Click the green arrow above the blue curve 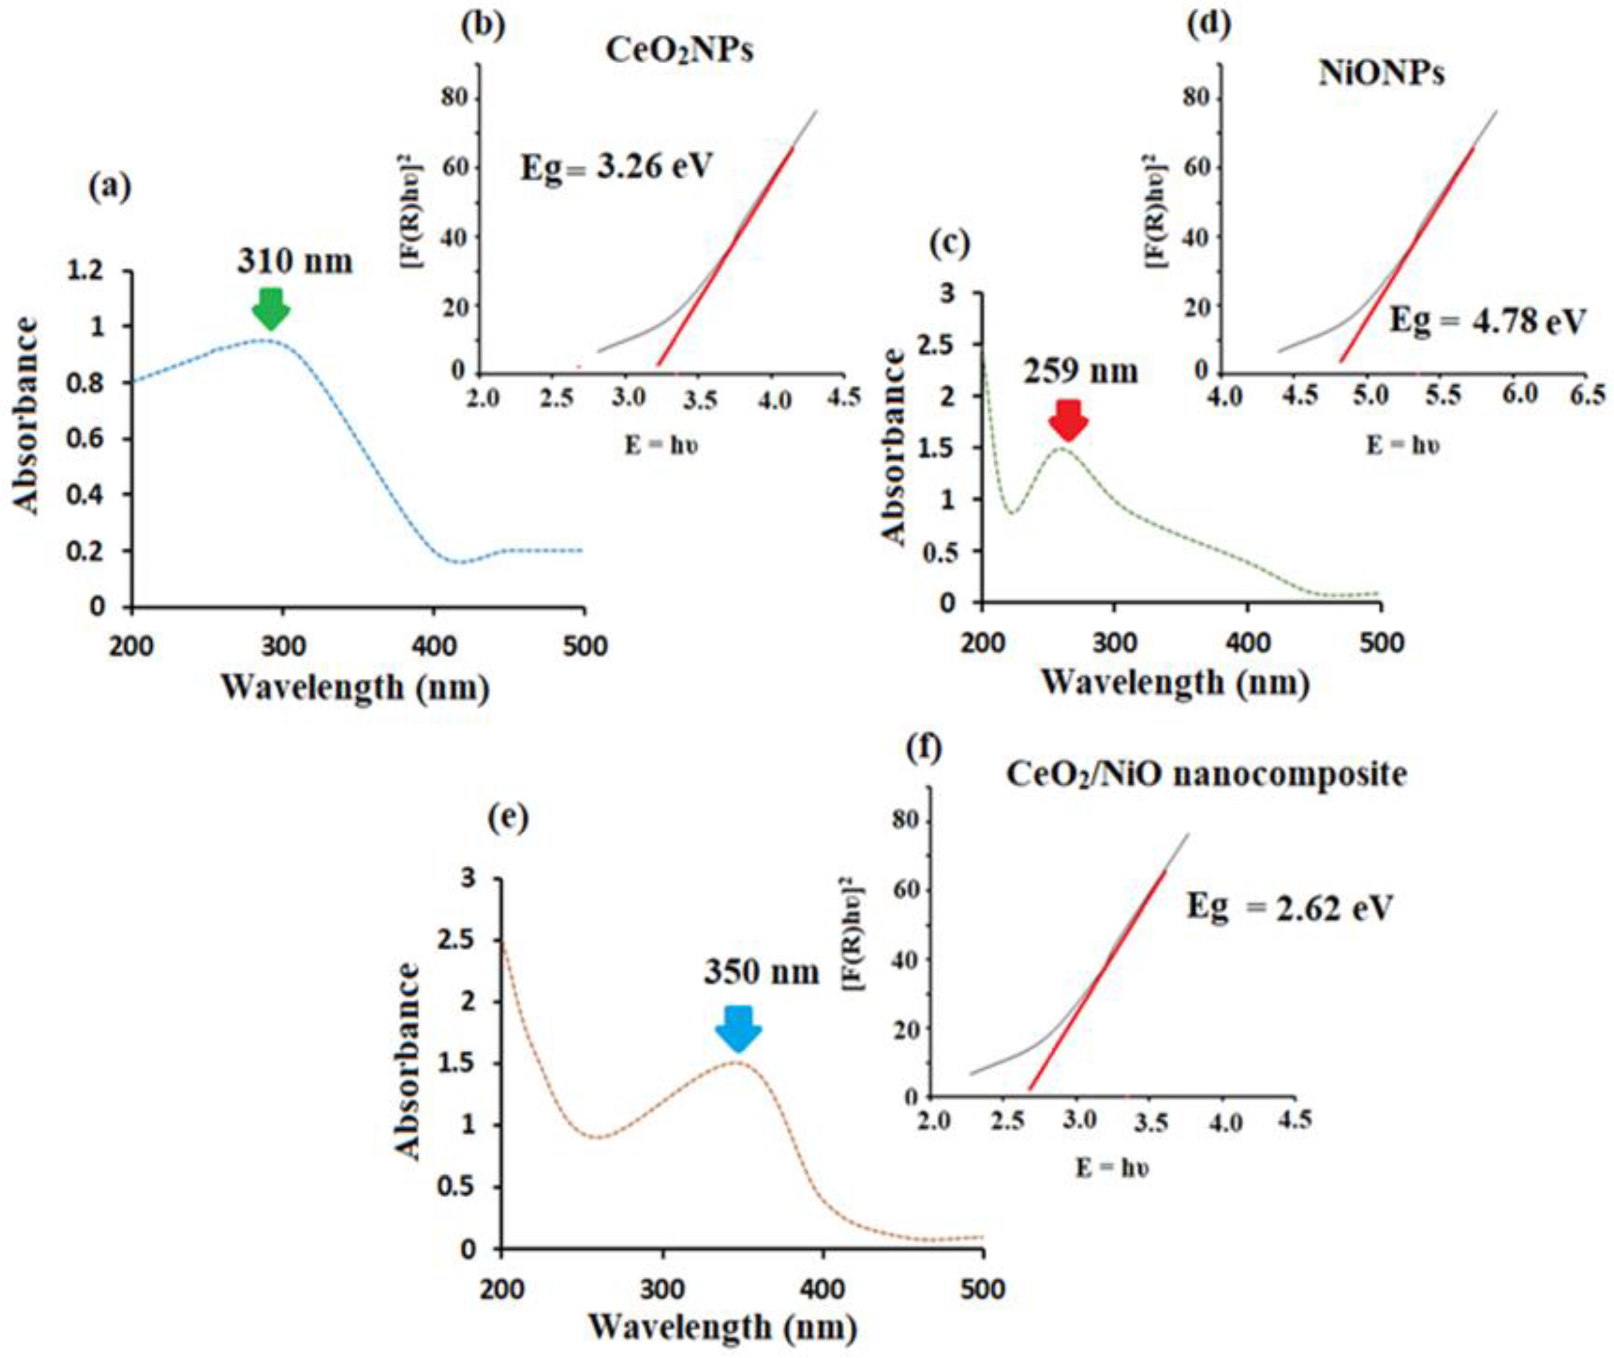click(270, 308)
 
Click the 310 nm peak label click(295, 261)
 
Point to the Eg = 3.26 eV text click(616, 166)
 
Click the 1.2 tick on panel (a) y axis click(86, 271)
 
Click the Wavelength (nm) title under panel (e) click(723, 1327)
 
